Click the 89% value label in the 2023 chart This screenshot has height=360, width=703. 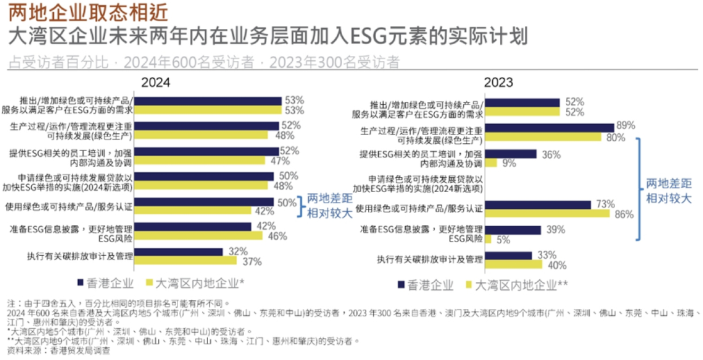(627, 126)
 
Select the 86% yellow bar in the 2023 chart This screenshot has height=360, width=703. (549, 214)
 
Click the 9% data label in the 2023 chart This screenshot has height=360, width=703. (508, 163)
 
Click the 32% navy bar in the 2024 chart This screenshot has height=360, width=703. (179, 252)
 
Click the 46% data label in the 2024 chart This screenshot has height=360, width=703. (278, 236)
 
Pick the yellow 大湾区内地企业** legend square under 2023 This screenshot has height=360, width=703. (470, 284)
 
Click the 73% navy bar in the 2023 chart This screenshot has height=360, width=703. (539, 204)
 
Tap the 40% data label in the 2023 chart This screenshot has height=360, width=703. (557, 265)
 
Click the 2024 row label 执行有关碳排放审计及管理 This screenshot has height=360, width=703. (81, 256)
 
